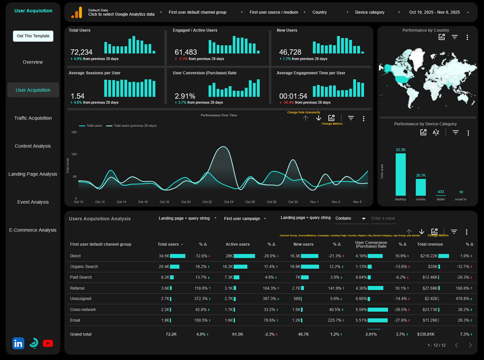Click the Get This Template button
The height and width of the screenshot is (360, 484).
pyautogui.click(x=33, y=36)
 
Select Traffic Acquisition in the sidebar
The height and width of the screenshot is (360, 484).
pyautogui.click(x=33, y=118)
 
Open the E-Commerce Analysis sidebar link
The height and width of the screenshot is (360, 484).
pyautogui.click(x=33, y=230)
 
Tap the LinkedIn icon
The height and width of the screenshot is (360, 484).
pyautogui.click(x=18, y=343)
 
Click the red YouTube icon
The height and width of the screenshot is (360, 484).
pyautogui.click(x=48, y=343)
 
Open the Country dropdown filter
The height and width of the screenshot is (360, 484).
pyautogui.click(x=330, y=12)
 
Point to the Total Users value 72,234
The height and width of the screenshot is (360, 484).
pyautogui.click(x=81, y=52)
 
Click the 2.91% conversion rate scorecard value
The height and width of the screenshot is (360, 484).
pyautogui.click(x=185, y=96)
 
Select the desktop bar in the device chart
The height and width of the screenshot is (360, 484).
pyautogui.click(x=400, y=174)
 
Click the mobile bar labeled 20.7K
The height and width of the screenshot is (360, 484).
pyautogui.click(x=421, y=187)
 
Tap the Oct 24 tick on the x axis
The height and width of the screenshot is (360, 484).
pyautogui.click(x=229, y=202)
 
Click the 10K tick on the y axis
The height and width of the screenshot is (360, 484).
pyautogui.click(x=74, y=154)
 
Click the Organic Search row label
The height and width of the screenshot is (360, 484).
pyautogui.click(x=84, y=267)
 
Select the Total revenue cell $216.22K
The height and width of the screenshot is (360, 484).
pyautogui.click(x=429, y=256)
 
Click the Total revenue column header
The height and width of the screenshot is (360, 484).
pyautogui.click(x=430, y=244)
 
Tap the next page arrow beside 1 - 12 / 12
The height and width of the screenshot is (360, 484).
pyautogui.click(x=470, y=345)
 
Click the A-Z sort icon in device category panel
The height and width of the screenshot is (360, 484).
pyautogui.click(x=436, y=133)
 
